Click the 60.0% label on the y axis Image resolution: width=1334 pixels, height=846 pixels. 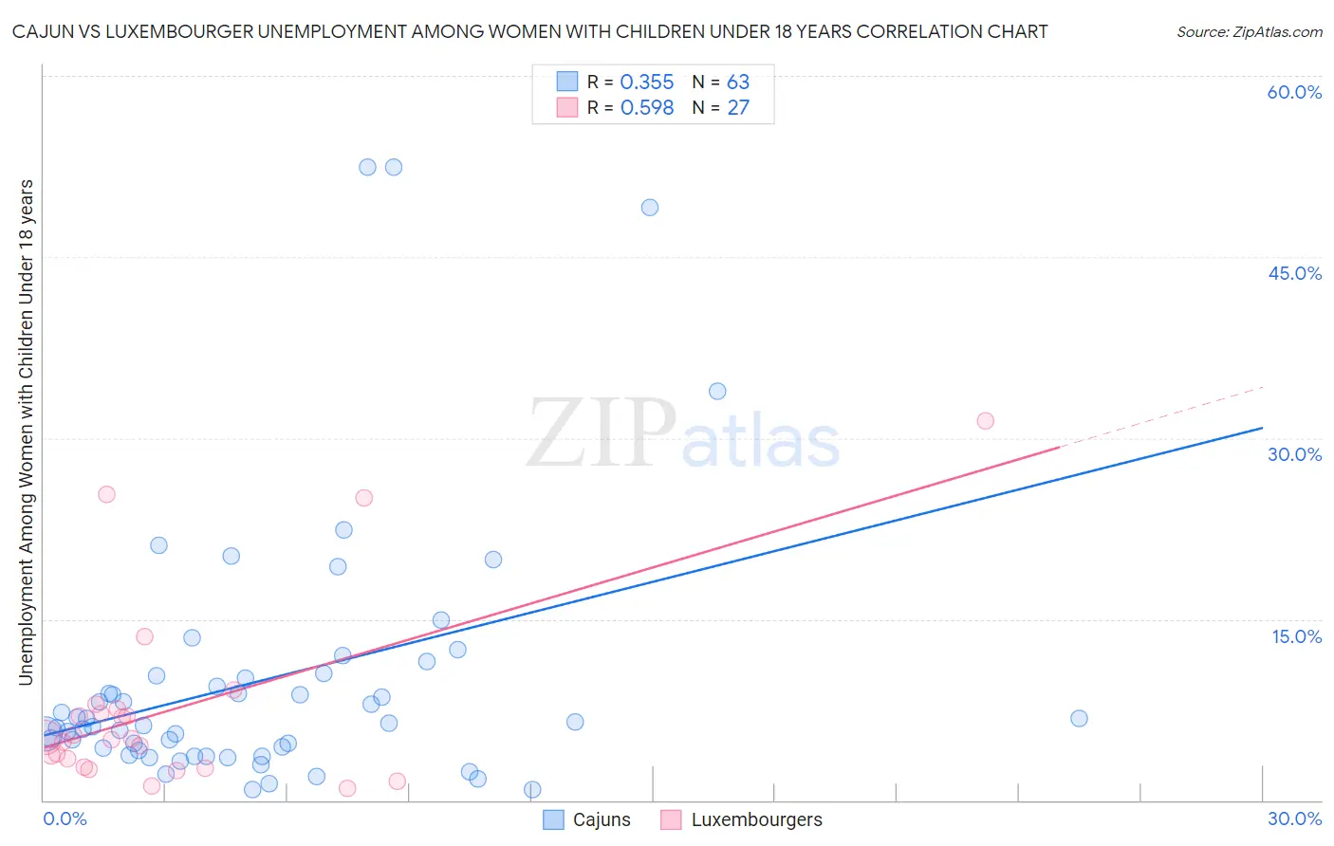[1294, 92]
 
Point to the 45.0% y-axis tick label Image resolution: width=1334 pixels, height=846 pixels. [1294, 273]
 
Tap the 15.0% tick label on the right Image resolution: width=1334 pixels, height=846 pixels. [1296, 636]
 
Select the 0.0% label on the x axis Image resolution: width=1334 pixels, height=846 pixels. [65, 818]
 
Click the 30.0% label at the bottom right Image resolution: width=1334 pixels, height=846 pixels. [1294, 818]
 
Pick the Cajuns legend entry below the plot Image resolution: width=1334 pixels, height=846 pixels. [587, 819]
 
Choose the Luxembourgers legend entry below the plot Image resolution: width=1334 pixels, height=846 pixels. [743, 819]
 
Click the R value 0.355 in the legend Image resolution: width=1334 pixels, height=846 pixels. [646, 83]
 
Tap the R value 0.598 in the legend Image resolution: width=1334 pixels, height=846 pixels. [646, 108]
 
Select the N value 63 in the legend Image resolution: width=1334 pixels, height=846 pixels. [738, 83]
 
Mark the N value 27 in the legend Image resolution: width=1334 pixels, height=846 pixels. [738, 108]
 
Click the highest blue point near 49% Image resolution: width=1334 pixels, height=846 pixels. [650, 208]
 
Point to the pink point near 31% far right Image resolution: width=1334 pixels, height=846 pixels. [986, 421]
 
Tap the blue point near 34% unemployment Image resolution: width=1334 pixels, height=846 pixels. [717, 392]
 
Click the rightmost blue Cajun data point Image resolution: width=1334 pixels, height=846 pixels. [1079, 719]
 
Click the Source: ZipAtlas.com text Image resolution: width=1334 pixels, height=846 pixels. [1249, 31]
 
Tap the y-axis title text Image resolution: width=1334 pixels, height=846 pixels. [26, 432]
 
